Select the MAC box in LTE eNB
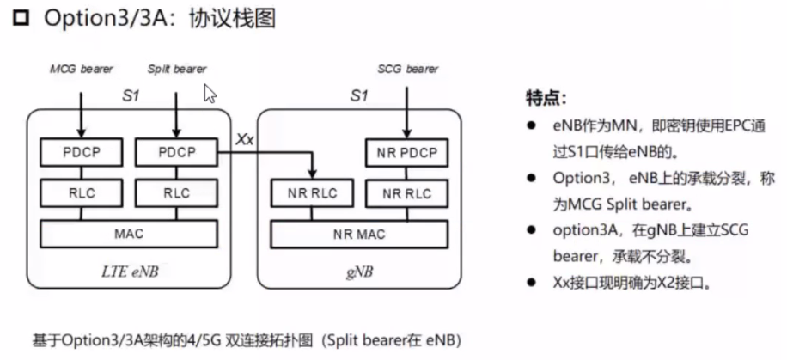pos(128,233)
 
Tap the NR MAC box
pos(360,233)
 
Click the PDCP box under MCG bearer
pos(82,154)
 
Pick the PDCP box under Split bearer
pos(175,154)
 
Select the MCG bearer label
pos(82,69)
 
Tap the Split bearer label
pos(176,69)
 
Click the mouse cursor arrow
pos(209,93)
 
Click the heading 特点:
pos(546,96)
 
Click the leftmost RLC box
pos(82,193)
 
